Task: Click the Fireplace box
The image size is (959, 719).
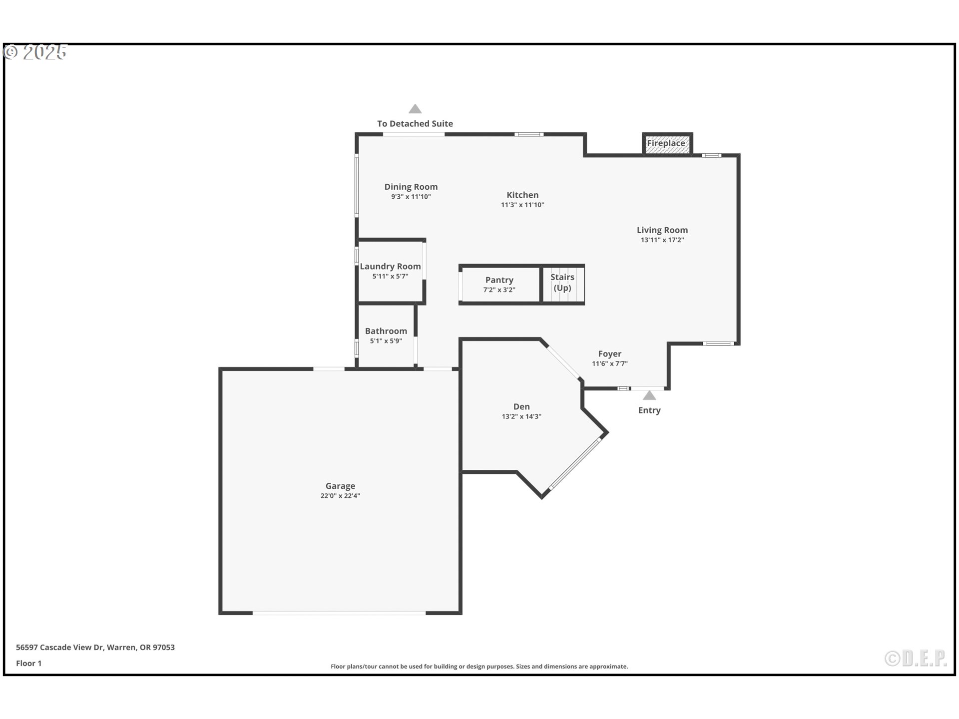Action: [667, 144]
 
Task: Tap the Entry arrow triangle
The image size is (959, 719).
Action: [649, 395]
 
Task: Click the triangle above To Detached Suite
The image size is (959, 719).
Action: [415, 109]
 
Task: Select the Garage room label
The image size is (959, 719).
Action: [340, 486]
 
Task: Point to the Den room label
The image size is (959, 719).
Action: [521, 407]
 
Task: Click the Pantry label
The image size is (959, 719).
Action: [499, 280]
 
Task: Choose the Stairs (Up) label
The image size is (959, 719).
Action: [562, 283]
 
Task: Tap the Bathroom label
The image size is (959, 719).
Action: [386, 331]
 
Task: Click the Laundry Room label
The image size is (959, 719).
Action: [391, 267]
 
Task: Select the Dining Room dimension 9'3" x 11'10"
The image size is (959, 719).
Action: [411, 197]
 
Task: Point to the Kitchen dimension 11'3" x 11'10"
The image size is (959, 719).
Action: [522, 205]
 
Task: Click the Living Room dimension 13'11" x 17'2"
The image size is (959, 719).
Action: [662, 240]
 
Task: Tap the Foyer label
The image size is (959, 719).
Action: [610, 354]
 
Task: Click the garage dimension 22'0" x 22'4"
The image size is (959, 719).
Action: [340, 496]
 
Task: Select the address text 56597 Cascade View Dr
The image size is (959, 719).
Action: [59, 647]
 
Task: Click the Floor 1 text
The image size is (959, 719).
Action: [28, 663]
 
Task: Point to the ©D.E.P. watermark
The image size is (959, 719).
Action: [916, 659]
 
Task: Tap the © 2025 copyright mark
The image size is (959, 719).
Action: [35, 52]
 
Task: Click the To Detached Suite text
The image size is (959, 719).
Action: [415, 123]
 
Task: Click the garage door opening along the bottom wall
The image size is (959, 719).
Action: [339, 613]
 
